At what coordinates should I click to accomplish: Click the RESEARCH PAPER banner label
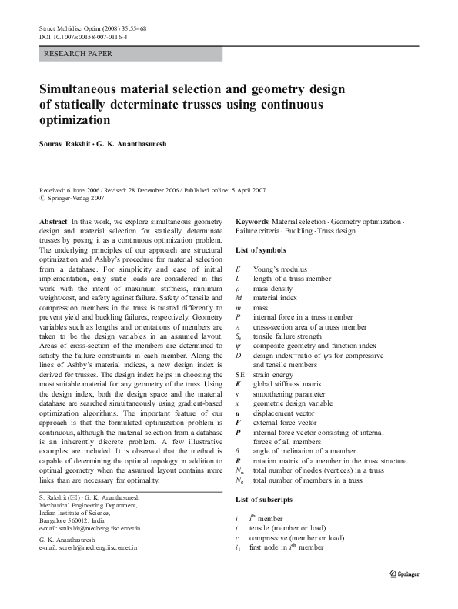click(x=79, y=54)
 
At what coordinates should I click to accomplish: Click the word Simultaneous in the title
click(x=85, y=89)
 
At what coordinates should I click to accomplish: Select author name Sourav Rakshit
click(x=62, y=144)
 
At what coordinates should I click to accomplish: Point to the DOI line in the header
click(x=82, y=36)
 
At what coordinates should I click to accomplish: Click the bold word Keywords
click(x=252, y=221)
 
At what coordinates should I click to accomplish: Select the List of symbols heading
click(x=261, y=250)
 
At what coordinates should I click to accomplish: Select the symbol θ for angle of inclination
click(x=238, y=448)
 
